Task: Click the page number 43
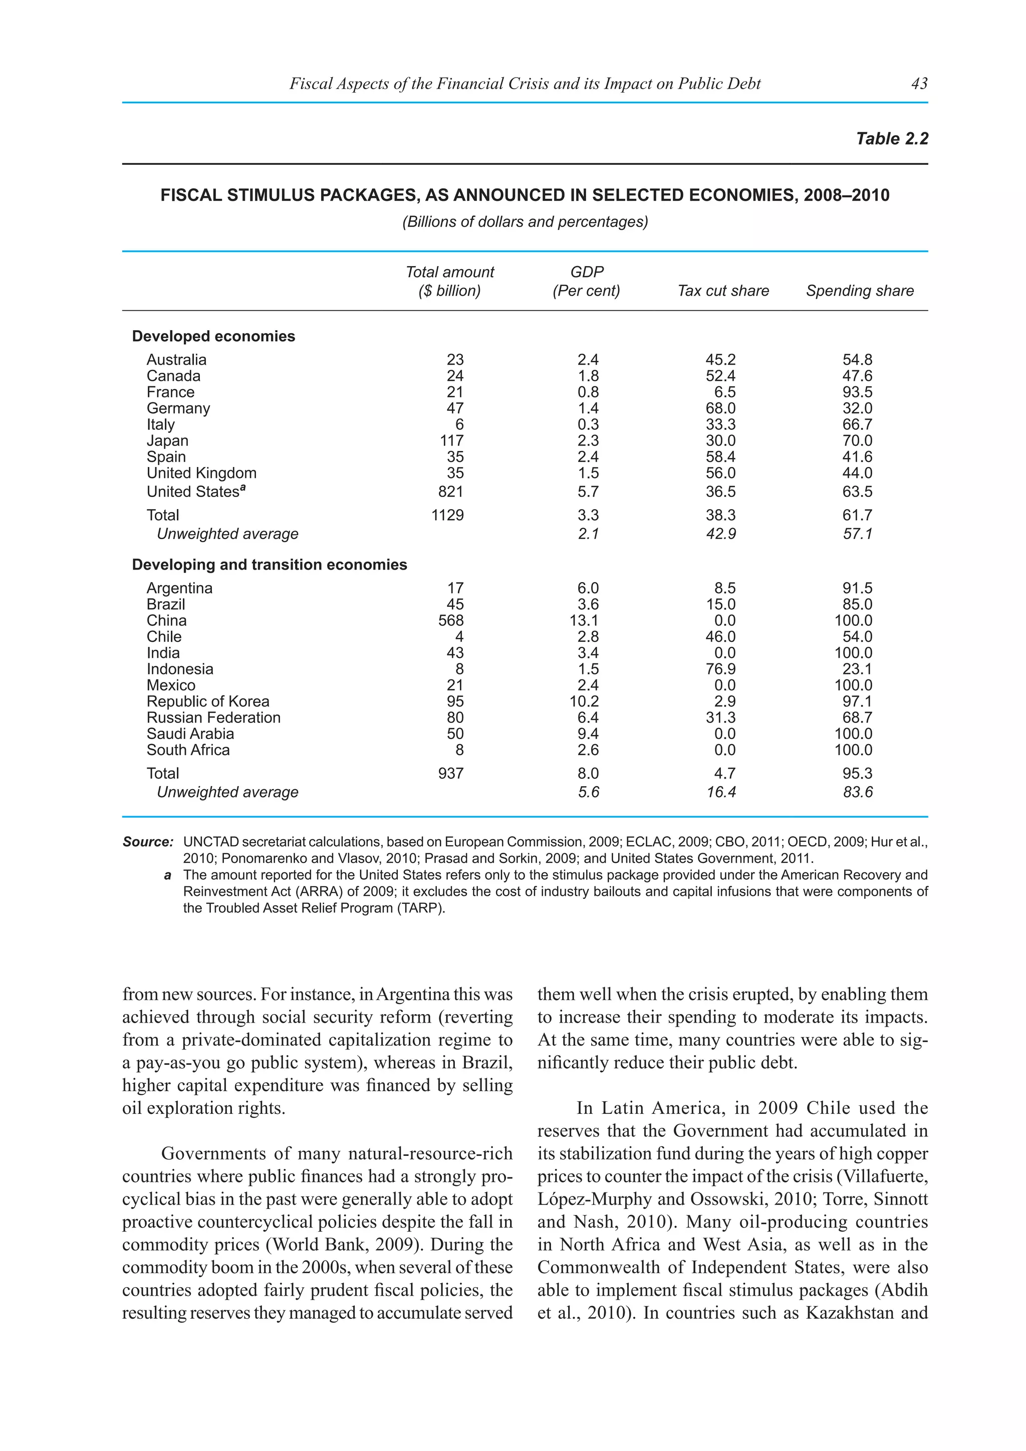click(x=919, y=83)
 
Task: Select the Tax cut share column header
click(x=723, y=291)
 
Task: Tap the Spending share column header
click(x=859, y=291)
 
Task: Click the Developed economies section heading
click(x=213, y=336)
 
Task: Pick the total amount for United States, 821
click(x=450, y=492)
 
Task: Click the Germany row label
click(x=178, y=408)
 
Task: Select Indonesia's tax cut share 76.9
click(x=720, y=669)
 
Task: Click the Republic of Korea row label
click(x=208, y=701)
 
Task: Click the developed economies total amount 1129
click(x=447, y=516)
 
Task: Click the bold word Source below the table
click(x=147, y=842)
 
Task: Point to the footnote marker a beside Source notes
click(x=167, y=875)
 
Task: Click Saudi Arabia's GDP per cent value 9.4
click(x=588, y=734)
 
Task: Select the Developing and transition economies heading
click(x=269, y=565)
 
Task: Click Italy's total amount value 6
click(x=459, y=425)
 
